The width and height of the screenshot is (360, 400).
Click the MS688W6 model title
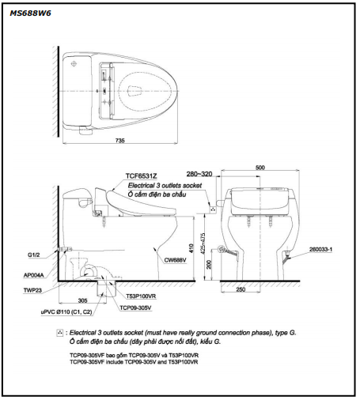tap(30, 13)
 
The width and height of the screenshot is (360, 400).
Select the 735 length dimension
tap(119, 141)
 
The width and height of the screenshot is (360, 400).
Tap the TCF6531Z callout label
tap(142, 175)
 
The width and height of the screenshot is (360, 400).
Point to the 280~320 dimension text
tap(199, 174)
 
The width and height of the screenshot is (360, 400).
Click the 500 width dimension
tap(260, 168)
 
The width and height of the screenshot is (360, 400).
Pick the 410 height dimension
tap(191, 248)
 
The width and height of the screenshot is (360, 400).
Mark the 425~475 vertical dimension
tap(203, 243)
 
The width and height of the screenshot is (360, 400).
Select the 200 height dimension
tap(209, 264)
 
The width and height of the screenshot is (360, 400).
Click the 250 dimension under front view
tap(241, 289)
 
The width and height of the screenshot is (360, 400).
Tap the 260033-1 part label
tap(320, 249)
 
